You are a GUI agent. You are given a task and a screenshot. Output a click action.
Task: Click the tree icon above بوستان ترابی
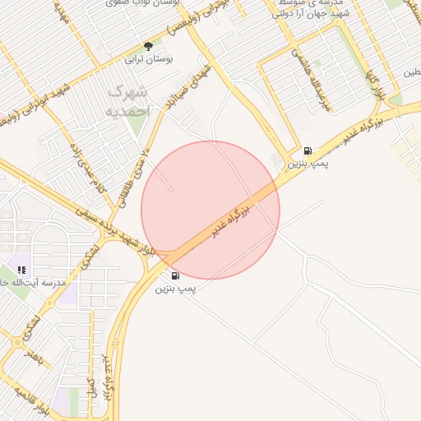148,46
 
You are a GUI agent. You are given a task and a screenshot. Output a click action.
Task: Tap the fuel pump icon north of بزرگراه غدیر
308,151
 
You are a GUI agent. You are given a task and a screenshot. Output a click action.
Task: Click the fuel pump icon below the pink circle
175,275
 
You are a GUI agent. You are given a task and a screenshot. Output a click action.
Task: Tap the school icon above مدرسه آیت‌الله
21,269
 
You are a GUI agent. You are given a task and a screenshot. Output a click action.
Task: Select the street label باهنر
34,356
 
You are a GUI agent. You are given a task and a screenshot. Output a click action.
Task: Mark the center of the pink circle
210,210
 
